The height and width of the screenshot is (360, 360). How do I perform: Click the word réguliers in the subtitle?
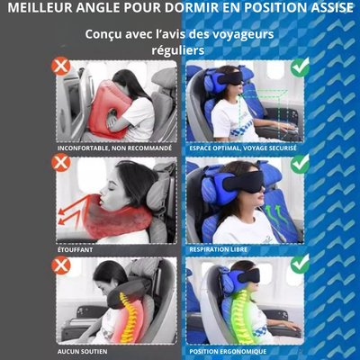tap(178, 50)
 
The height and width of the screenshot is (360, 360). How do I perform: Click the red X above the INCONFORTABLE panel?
tap(61, 67)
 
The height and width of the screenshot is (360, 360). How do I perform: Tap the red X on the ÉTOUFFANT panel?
tap(61, 163)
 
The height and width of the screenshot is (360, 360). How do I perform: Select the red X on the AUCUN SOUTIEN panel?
tap(61, 265)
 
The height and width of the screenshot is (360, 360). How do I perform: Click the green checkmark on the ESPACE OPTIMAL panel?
tap(300, 67)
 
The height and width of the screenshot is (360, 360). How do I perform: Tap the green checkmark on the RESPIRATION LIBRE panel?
tap(300, 164)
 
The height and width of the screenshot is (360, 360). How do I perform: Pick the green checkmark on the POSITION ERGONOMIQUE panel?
tap(300, 264)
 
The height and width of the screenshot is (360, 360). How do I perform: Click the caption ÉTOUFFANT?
tap(75, 249)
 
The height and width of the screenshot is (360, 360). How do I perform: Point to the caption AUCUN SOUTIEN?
tap(82, 351)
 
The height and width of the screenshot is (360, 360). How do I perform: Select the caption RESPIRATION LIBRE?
tap(219, 249)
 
